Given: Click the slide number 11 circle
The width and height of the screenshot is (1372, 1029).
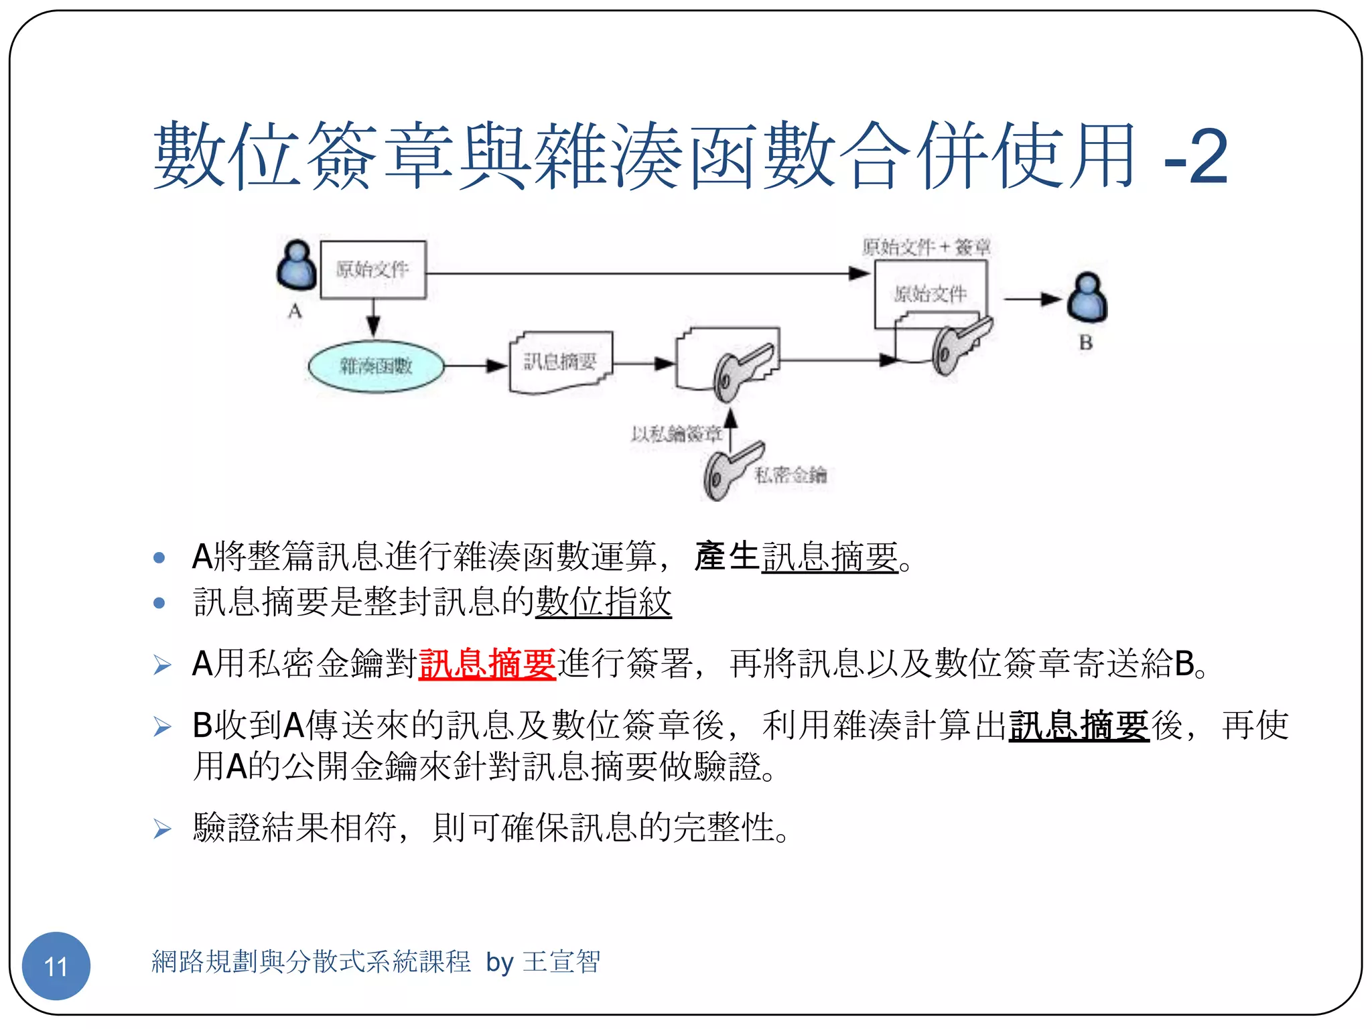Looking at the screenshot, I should coord(56,965).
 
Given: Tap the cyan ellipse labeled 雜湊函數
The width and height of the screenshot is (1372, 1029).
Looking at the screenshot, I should coord(376,366).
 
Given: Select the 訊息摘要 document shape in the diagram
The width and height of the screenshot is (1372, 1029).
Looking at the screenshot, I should coord(561,362).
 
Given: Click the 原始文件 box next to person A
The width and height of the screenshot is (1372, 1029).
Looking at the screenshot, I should coord(373,269).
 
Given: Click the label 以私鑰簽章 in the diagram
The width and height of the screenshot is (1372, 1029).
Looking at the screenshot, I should coord(676,434).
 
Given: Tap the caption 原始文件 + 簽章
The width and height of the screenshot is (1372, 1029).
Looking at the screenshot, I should coord(926,247).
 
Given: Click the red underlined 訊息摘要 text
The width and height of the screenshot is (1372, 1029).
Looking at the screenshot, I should coord(487,663).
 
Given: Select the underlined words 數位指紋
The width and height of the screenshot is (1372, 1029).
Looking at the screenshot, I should coord(603,601).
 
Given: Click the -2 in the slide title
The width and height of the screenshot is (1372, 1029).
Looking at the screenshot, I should coord(1196,157).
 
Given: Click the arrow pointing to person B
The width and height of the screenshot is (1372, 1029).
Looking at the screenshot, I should coord(1032,299).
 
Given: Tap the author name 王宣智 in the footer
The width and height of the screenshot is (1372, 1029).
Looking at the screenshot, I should coord(561,962).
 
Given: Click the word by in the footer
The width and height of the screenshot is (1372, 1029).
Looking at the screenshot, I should coord(499,963).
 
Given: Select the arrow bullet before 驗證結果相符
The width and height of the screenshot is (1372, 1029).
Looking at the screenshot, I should coord(162,829).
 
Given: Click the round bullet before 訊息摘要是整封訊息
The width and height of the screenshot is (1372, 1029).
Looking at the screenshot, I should coord(159,602).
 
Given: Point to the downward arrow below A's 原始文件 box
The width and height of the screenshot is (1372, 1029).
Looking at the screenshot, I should coord(374,318).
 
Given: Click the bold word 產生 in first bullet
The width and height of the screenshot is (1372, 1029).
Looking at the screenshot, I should coord(726,556).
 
